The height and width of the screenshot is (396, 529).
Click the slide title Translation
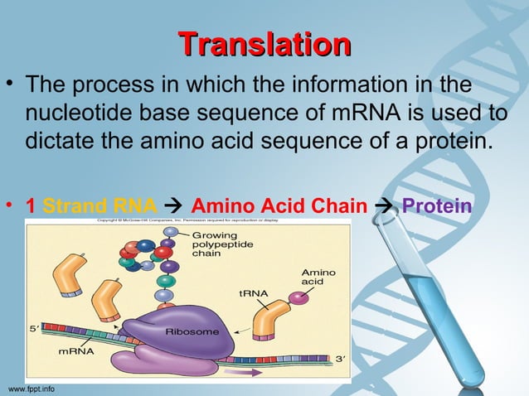pos(264,44)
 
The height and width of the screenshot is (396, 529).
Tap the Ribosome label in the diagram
pos(192,331)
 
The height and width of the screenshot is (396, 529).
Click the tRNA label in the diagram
pos(251,292)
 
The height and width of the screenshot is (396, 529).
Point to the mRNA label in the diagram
pos(75,350)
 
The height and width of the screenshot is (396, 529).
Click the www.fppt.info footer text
pos(32,389)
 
